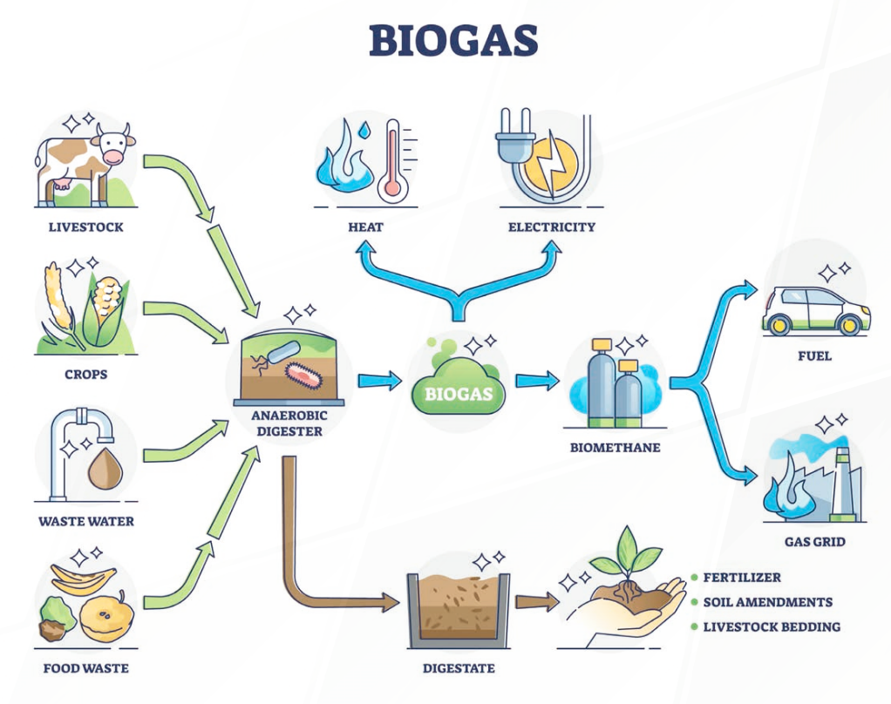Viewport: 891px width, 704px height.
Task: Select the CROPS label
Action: [x=85, y=374]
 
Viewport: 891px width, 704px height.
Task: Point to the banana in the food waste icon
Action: [x=83, y=577]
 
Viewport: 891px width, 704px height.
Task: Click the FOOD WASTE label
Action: [x=85, y=668]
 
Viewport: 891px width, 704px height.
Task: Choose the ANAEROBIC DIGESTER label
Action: [x=287, y=423]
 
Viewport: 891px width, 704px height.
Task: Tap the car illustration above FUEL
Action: [x=815, y=312]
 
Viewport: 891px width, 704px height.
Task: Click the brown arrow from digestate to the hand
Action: [x=536, y=601]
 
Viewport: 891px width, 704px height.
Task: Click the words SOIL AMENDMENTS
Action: [x=767, y=602]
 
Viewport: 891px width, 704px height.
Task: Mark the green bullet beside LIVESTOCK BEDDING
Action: [x=694, y=626]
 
